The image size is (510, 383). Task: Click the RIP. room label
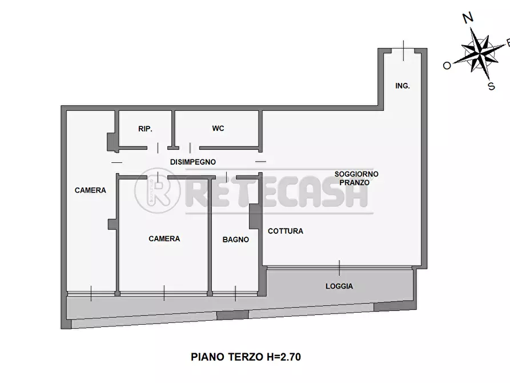145,129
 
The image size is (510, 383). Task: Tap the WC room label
218,129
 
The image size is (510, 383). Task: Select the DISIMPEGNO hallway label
192,162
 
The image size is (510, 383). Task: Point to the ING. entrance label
403,86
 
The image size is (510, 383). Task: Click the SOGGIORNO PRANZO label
356,178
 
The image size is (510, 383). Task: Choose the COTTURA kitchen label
286,232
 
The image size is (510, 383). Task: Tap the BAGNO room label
235,240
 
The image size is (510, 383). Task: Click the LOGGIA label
339,286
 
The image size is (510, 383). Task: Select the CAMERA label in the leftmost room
90,190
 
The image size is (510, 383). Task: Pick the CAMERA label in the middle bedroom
164,239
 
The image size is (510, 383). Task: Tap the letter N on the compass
468,18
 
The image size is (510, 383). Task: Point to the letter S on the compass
491,87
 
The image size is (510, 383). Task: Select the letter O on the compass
447,66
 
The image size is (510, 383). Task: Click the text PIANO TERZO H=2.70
246,357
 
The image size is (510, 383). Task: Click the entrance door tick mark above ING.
403,50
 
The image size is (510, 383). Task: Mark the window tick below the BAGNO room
235,294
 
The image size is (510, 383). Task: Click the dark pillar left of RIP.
111,141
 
